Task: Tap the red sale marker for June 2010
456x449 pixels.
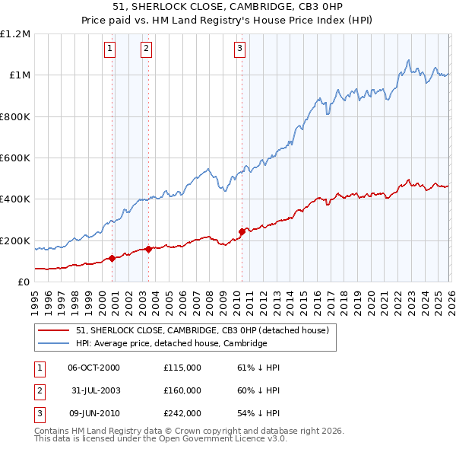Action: tap(242, 231)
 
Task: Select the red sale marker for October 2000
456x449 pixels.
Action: tap(112, 258)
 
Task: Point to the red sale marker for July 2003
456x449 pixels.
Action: tap(149, 248)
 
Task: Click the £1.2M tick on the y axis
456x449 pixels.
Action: tap(15, 34)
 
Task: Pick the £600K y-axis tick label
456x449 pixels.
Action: tap(15, 158)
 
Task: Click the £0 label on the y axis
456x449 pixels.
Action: tap(24, 282)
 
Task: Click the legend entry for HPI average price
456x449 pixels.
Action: tap(171, 343)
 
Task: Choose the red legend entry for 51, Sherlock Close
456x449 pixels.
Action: tap(201, 330)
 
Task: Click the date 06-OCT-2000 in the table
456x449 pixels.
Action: tap(93, 368)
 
